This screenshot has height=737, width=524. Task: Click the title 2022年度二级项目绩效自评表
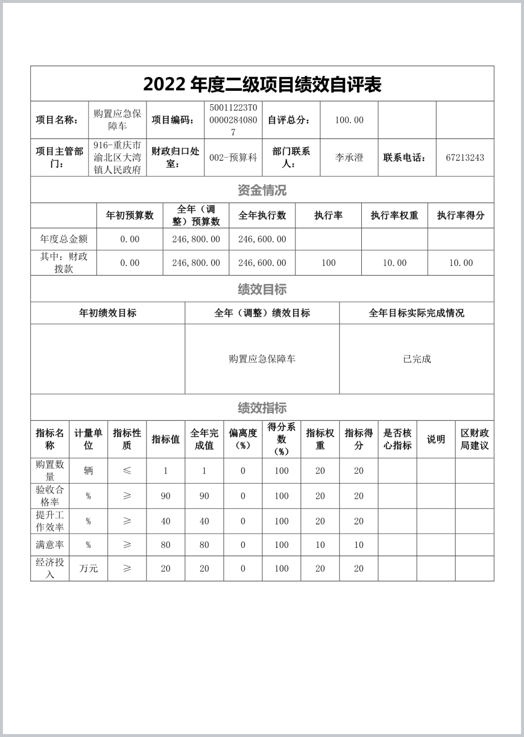pos(262,84)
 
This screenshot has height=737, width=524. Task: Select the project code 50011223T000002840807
pos(233,120)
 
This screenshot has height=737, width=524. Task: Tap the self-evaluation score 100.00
pos(349,120)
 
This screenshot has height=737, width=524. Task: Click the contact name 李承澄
pos(349,157)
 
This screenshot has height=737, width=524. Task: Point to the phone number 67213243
pos(465,157)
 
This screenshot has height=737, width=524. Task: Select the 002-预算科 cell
pos(233,157)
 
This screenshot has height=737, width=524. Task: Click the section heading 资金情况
pos(262,190)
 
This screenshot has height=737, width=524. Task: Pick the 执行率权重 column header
pos(394,215)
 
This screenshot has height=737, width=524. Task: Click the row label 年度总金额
pos(64,239)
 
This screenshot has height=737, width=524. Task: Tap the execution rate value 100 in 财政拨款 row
pos(328,263)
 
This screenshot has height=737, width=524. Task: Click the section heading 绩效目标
pos(262,289)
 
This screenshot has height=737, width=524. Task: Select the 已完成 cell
pos(417,359)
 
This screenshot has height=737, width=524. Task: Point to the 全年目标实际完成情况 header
pos(417,313)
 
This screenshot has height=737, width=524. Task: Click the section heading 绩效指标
pos(262,408)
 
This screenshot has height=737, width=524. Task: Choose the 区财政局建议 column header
pos(475,439)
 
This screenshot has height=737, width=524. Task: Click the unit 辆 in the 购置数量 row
pos(88,470)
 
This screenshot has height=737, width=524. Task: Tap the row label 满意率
pos(50,545)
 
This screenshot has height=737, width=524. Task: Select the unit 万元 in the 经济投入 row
pos(88,569)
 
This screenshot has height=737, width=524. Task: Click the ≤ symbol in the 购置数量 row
pos(127,470)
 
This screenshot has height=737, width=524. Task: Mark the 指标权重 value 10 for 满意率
pos(320,545)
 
